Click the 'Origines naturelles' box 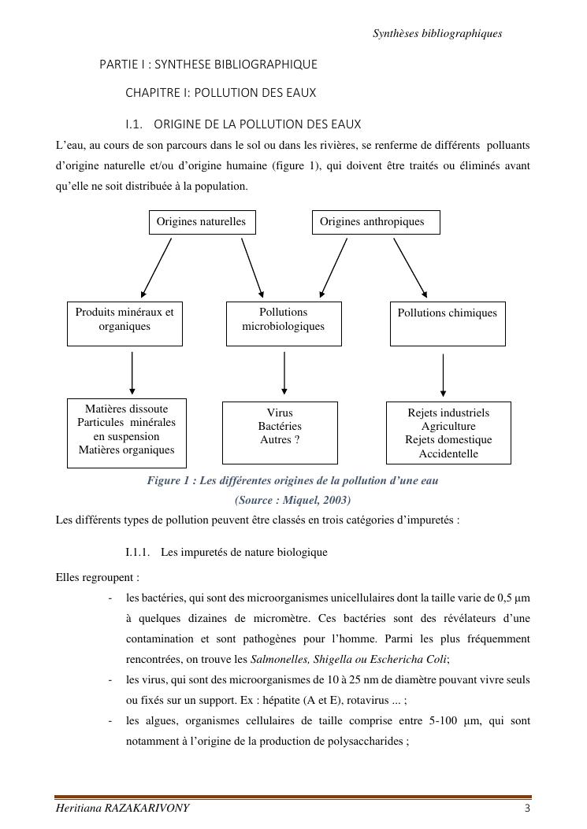pos(202,222)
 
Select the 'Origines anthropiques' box pos(376,222)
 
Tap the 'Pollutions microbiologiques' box pos(284,323)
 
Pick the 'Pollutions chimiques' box pos(448,323)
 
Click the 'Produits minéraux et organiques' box pos(124,323)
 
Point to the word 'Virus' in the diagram pos(280,413)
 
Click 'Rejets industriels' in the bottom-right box pos(448,413)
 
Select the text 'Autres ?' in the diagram pos(280,440)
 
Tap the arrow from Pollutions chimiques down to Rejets pos(444,376)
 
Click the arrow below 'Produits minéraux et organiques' pos(132,372)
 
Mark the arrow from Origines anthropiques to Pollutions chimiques pos(410,267)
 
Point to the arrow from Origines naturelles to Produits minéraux pos(157,267)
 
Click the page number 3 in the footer pos(527,809)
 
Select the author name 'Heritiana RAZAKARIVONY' pos(122,809)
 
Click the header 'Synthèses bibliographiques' pos(437,34)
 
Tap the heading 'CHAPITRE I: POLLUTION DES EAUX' pos(221,93)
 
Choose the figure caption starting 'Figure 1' pos(292,480)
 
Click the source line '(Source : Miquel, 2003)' pos(292,500)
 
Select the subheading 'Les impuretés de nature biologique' pos(243,552)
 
